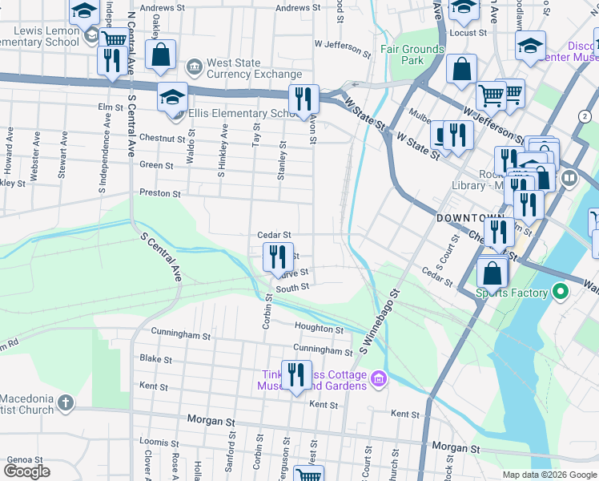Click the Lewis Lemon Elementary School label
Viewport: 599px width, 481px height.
point(40,35)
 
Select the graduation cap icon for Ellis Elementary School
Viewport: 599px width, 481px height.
point(173,97)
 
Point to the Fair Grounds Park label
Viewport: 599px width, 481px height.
point(412,55)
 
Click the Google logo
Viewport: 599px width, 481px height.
point(26,471)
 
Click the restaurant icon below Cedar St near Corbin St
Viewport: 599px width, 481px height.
point(278,257)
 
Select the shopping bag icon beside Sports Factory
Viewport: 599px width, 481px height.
point(492,273)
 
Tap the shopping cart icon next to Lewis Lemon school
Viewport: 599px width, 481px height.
point(115,38)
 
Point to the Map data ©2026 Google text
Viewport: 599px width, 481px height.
point(549,475)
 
